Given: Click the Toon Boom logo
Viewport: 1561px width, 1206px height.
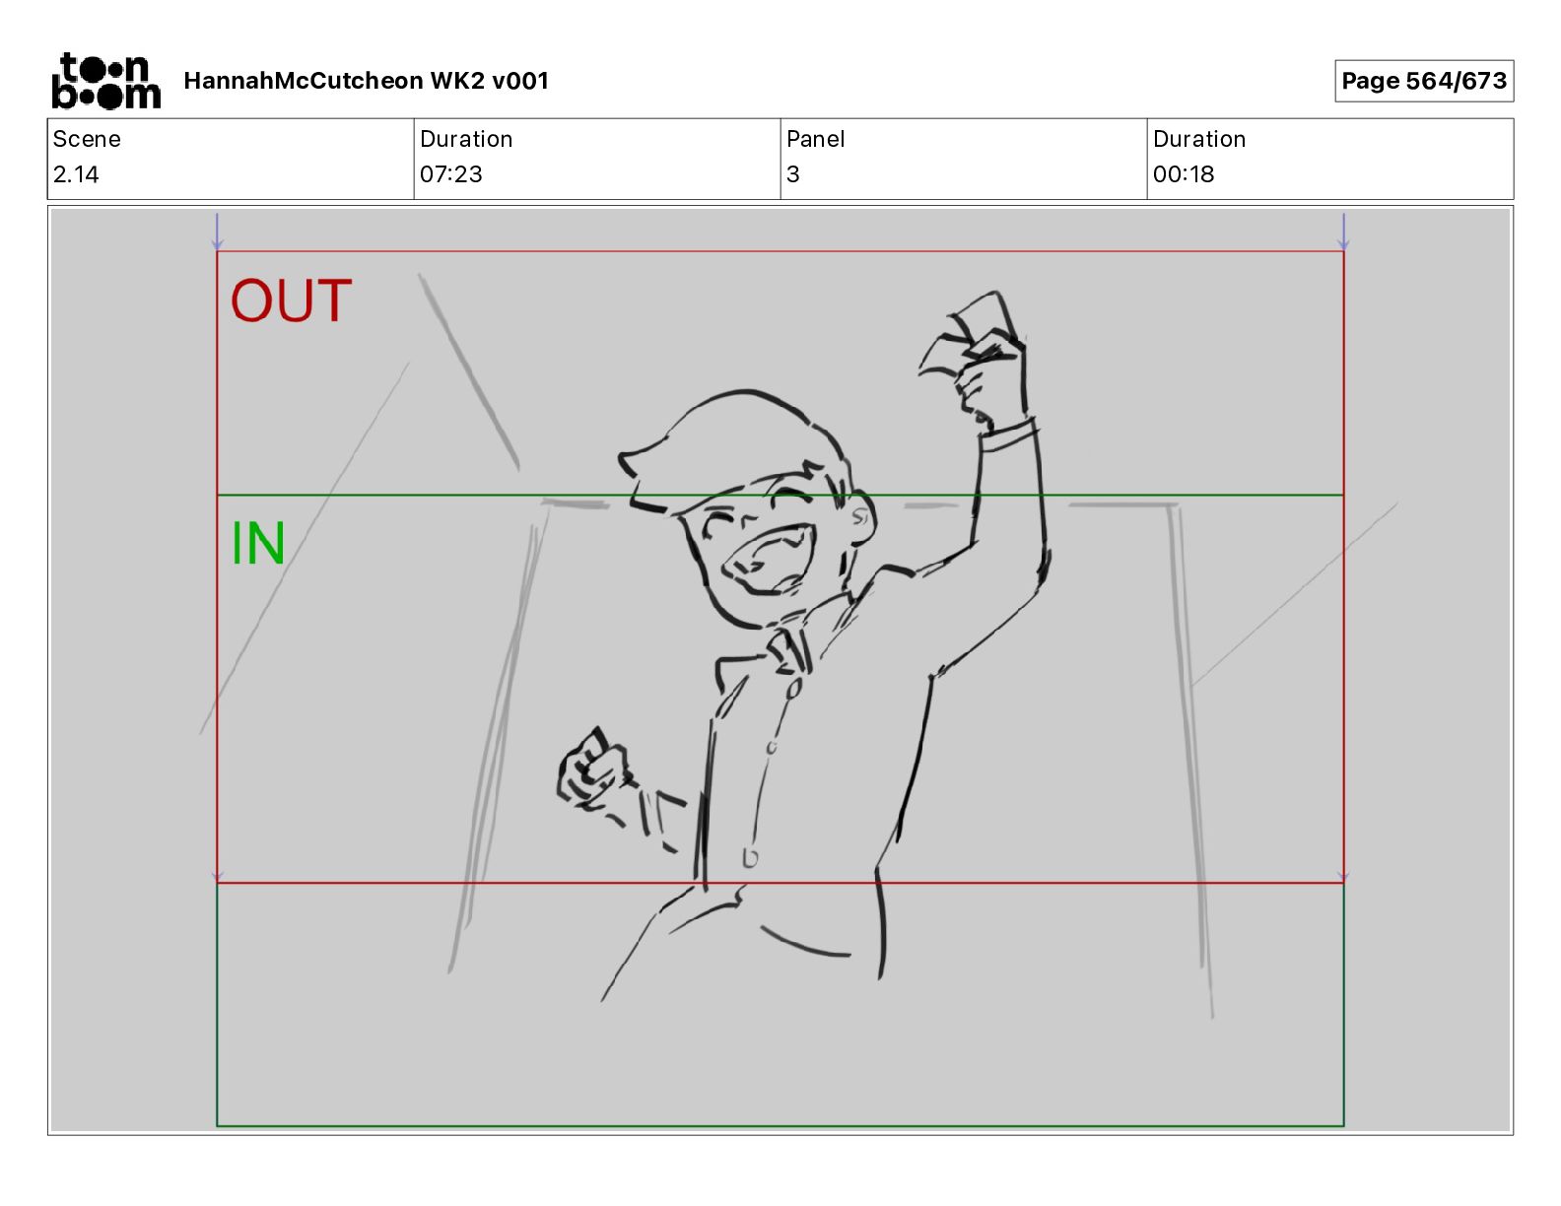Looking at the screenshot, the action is (x=106, y=81).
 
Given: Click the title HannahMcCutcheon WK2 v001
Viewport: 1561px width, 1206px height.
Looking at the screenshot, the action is (x=366, y=81).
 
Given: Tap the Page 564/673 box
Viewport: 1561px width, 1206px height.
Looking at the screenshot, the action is (x=1424, y=81).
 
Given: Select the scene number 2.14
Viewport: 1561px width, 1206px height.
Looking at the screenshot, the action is (x=76, y=174).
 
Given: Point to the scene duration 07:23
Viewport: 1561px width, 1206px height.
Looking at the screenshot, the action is (x=451, y=174).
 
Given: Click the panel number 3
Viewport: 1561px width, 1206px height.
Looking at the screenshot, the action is (x=793, y=174).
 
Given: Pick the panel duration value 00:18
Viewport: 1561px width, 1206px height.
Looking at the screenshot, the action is (x=1184, y=174).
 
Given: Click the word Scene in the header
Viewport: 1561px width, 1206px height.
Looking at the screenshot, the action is (x=87, y=139).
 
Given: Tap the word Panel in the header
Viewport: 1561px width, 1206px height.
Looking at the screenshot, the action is (x=815, y=139).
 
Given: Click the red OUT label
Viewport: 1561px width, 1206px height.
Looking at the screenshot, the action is (x=291, y=301).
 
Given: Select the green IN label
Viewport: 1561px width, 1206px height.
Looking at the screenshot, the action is (x=258, y=543).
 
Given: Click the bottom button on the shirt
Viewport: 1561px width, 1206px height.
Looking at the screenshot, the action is (x=749, y=857).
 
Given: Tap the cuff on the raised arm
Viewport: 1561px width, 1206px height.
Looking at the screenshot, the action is (x=1008, y=435).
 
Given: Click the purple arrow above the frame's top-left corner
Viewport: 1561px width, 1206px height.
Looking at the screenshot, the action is (x=217, y=232).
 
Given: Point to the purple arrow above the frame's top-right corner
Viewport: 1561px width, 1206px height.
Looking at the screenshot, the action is (x=1343, y=232).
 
